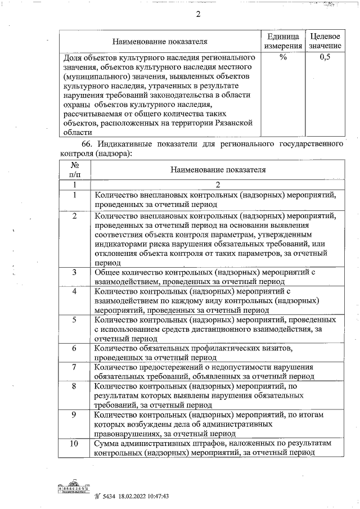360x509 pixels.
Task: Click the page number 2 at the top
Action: coord(198,15)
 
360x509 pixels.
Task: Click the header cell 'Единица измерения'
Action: coord(283,40)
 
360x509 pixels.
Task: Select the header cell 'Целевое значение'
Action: coord(325,40)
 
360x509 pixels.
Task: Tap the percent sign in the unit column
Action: coord(283,57)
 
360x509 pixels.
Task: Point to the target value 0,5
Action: coord(325,57)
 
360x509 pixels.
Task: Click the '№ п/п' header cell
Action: coord(74,170)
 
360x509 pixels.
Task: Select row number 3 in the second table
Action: coord(74,273)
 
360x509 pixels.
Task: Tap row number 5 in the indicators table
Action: coord(74,320)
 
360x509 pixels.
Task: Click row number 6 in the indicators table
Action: coord(74,349)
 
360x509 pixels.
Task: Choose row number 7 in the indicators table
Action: coord(74,367)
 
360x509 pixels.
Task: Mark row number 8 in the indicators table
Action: coord(74,386)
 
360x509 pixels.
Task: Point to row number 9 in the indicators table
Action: coord(74,415)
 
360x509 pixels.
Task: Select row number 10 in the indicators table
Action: coord(74,444)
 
